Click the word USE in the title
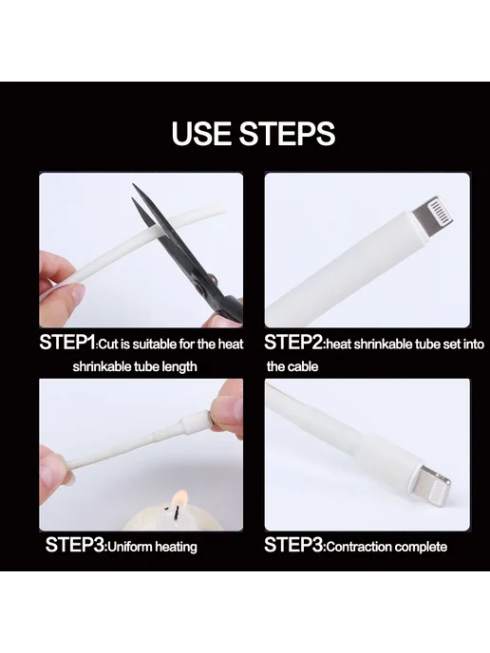(x=202, y=133)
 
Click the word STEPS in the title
(x=287, y=133)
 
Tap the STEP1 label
(x=68, y=343)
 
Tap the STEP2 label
(x=293, y=343)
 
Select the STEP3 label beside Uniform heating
(x=75, y=545)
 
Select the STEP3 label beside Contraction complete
(x=293, y=545)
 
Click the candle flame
(x=180, y=497)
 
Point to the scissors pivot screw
(x=213, y=277)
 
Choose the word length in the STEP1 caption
(x=180, y=367)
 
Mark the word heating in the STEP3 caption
(x=177, y=548)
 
